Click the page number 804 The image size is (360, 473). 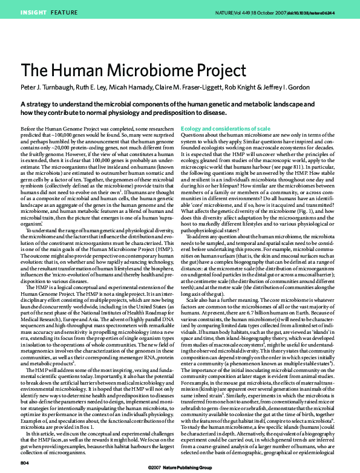tap(25, 462)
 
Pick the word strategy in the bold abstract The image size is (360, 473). tap(40, 104)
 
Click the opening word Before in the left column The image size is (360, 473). tap(30, 129)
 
